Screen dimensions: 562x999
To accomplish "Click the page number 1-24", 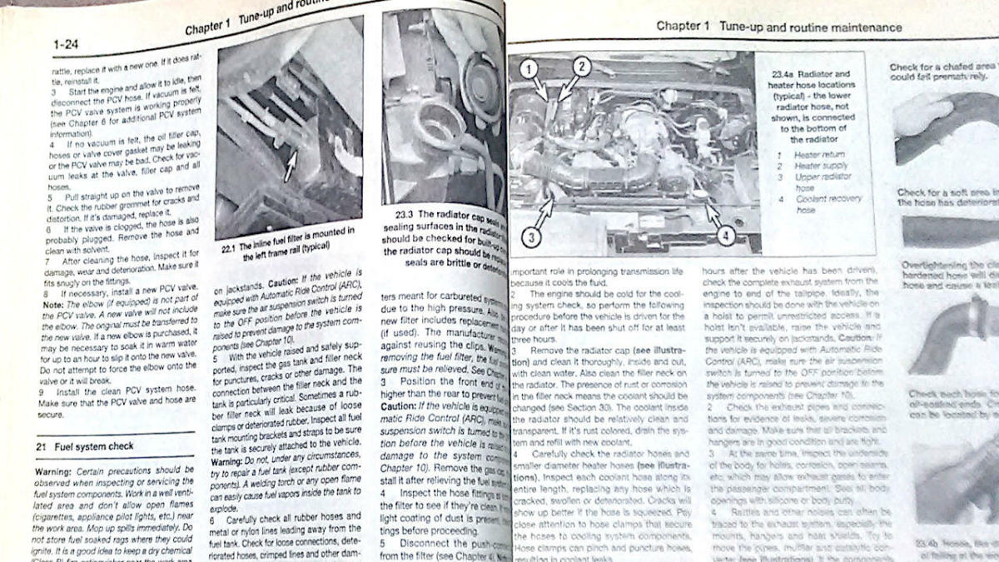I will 66,44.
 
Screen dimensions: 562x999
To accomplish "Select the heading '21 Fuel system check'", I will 84,446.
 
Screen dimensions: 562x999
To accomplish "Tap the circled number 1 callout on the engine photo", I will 529,69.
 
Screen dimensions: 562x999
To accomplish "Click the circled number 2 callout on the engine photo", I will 581,67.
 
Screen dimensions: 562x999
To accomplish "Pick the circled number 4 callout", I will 724,236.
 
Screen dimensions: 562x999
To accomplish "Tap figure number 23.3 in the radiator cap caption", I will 395,214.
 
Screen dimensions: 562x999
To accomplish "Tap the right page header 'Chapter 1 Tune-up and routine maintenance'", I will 778,27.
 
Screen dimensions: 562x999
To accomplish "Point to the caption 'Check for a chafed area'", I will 941,67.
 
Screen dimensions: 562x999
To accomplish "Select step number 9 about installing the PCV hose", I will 41,390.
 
